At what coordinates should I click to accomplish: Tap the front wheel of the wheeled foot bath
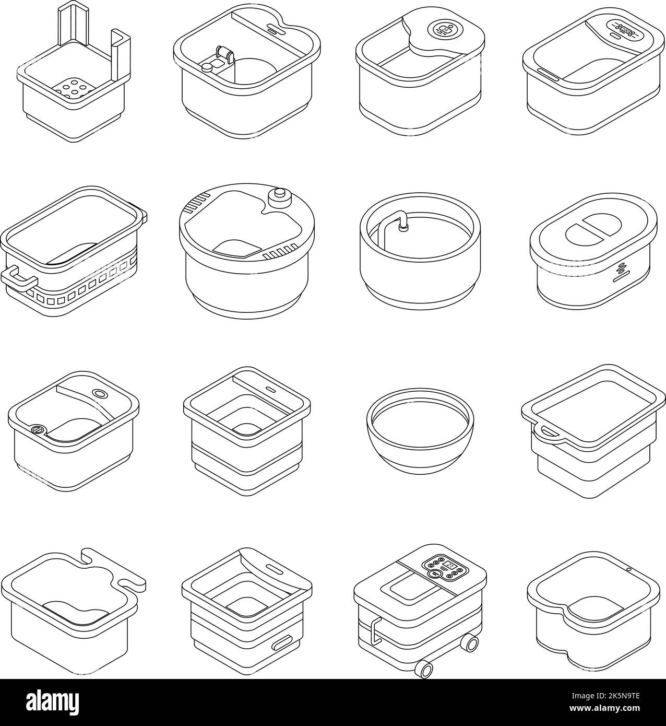click(x=425, y=669)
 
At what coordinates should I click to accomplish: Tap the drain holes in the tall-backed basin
click(x=73, y=89)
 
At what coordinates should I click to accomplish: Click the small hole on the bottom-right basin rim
click(x=628, y=569)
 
